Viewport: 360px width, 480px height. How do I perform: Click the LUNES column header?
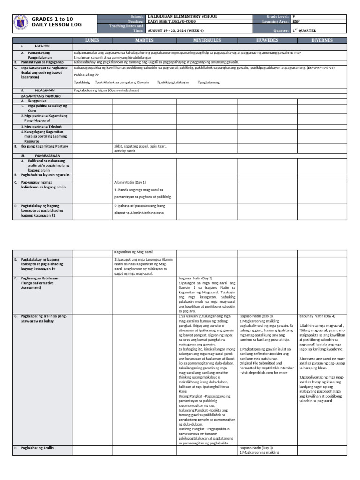coord(92,41)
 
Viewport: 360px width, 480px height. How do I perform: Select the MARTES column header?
coord(144,41)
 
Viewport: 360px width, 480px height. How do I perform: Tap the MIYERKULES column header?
coord(207,41)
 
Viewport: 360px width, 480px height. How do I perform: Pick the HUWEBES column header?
coord(268,41)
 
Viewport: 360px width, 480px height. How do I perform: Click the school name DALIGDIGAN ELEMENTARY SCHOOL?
coord(182,16)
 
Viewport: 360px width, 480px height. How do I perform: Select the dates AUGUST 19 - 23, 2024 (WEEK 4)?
coord(180,30)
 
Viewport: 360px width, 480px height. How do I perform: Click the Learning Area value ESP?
coord(296,21)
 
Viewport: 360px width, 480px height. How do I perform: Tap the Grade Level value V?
coord(293,16)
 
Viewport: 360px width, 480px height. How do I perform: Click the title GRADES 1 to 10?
coord(52,19)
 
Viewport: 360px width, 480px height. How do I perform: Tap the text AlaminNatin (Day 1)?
coord(130,182)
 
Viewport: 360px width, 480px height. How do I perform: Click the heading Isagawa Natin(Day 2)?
coord(195,278)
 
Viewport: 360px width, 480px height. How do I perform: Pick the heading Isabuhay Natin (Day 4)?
coord(316,316)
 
